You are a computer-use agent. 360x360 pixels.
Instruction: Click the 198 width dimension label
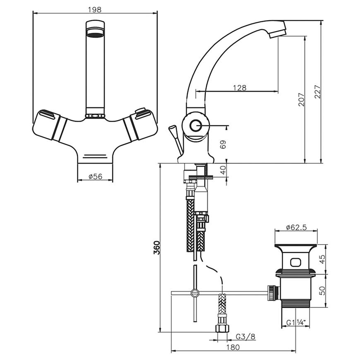95,10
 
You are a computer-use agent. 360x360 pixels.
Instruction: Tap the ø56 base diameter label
95,176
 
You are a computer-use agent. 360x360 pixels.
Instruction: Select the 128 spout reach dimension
240,88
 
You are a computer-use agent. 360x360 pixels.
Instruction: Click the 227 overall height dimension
317,92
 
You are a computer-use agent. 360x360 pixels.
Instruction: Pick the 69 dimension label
223,144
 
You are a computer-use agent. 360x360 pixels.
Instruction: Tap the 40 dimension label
223,170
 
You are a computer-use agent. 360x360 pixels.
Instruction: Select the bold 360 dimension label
156,247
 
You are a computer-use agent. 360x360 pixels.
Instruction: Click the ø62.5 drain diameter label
296,227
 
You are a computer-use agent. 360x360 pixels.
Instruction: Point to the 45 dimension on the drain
322,259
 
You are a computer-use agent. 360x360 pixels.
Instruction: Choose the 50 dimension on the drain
322,290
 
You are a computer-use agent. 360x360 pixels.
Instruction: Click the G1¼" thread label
296,323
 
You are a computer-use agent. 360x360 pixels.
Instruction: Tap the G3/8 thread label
245,337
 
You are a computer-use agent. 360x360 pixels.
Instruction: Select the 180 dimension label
233,347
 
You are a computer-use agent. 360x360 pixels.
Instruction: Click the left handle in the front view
49,125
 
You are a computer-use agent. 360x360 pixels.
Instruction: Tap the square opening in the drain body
296,263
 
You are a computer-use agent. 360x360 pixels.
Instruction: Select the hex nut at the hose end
222,328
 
